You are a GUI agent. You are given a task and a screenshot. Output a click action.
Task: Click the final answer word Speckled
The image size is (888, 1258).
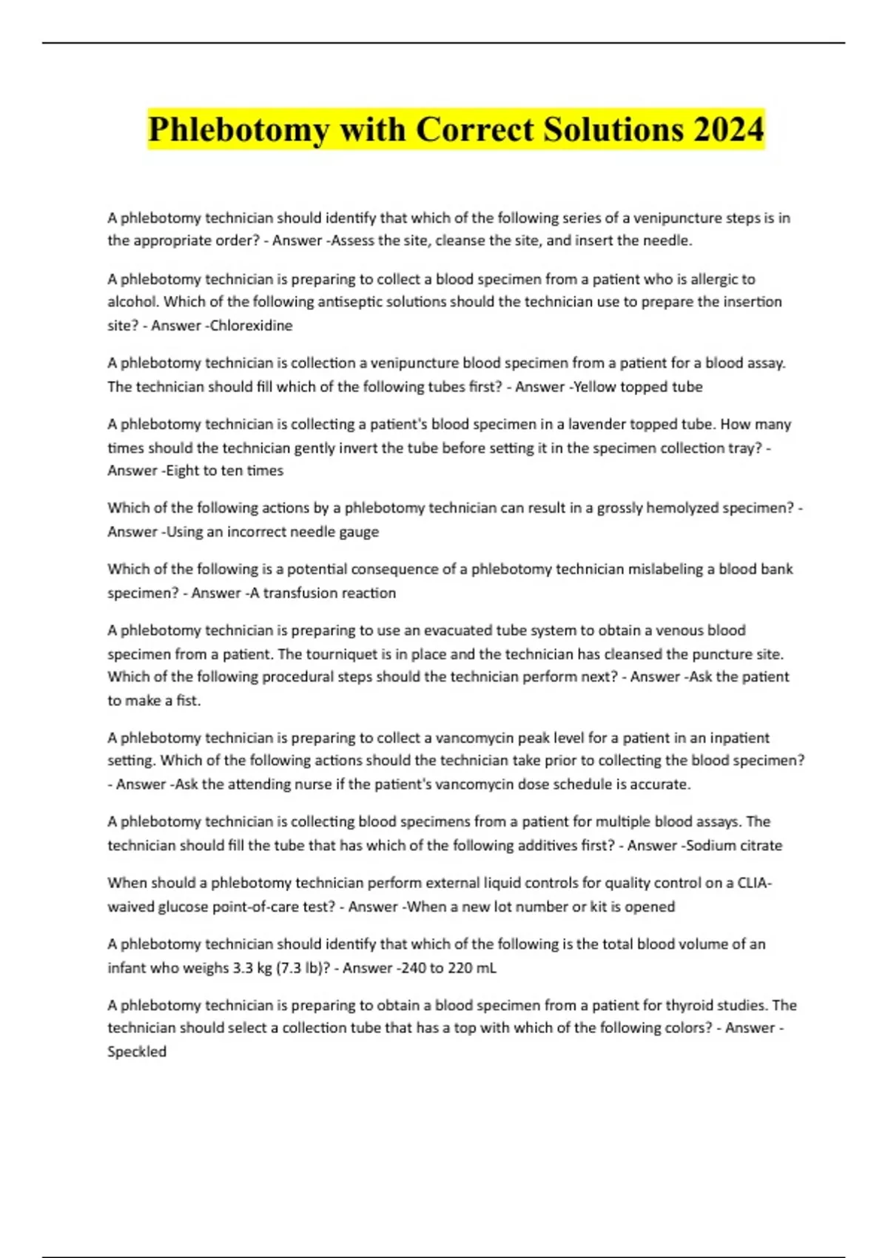137,1052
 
